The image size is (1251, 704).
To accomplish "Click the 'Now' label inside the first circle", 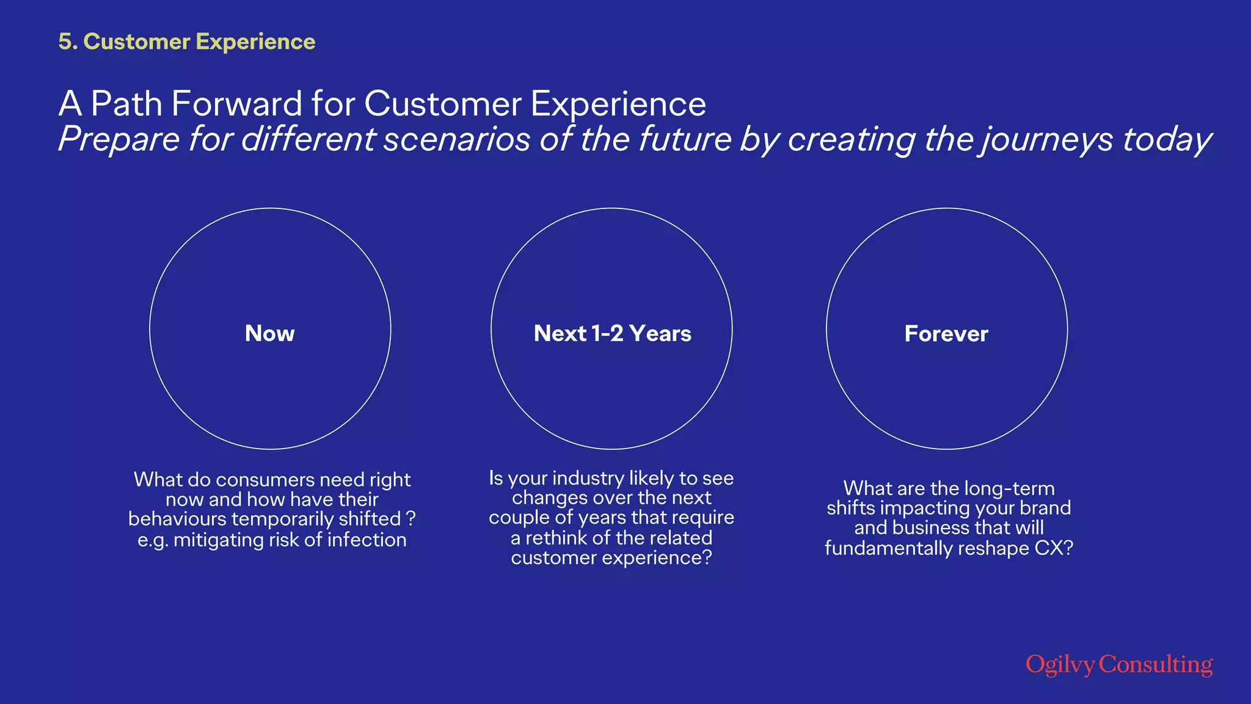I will (x=269, y=334).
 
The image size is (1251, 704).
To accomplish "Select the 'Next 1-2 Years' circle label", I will (x=612, y=334).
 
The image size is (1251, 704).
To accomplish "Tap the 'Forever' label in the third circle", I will (x=946, y=334).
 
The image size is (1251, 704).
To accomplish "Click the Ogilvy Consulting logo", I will (x=1119, y=664).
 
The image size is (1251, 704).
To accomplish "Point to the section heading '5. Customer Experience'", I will (x=187, y=42).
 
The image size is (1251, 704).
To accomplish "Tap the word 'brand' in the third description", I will (x=1045, y=508).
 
